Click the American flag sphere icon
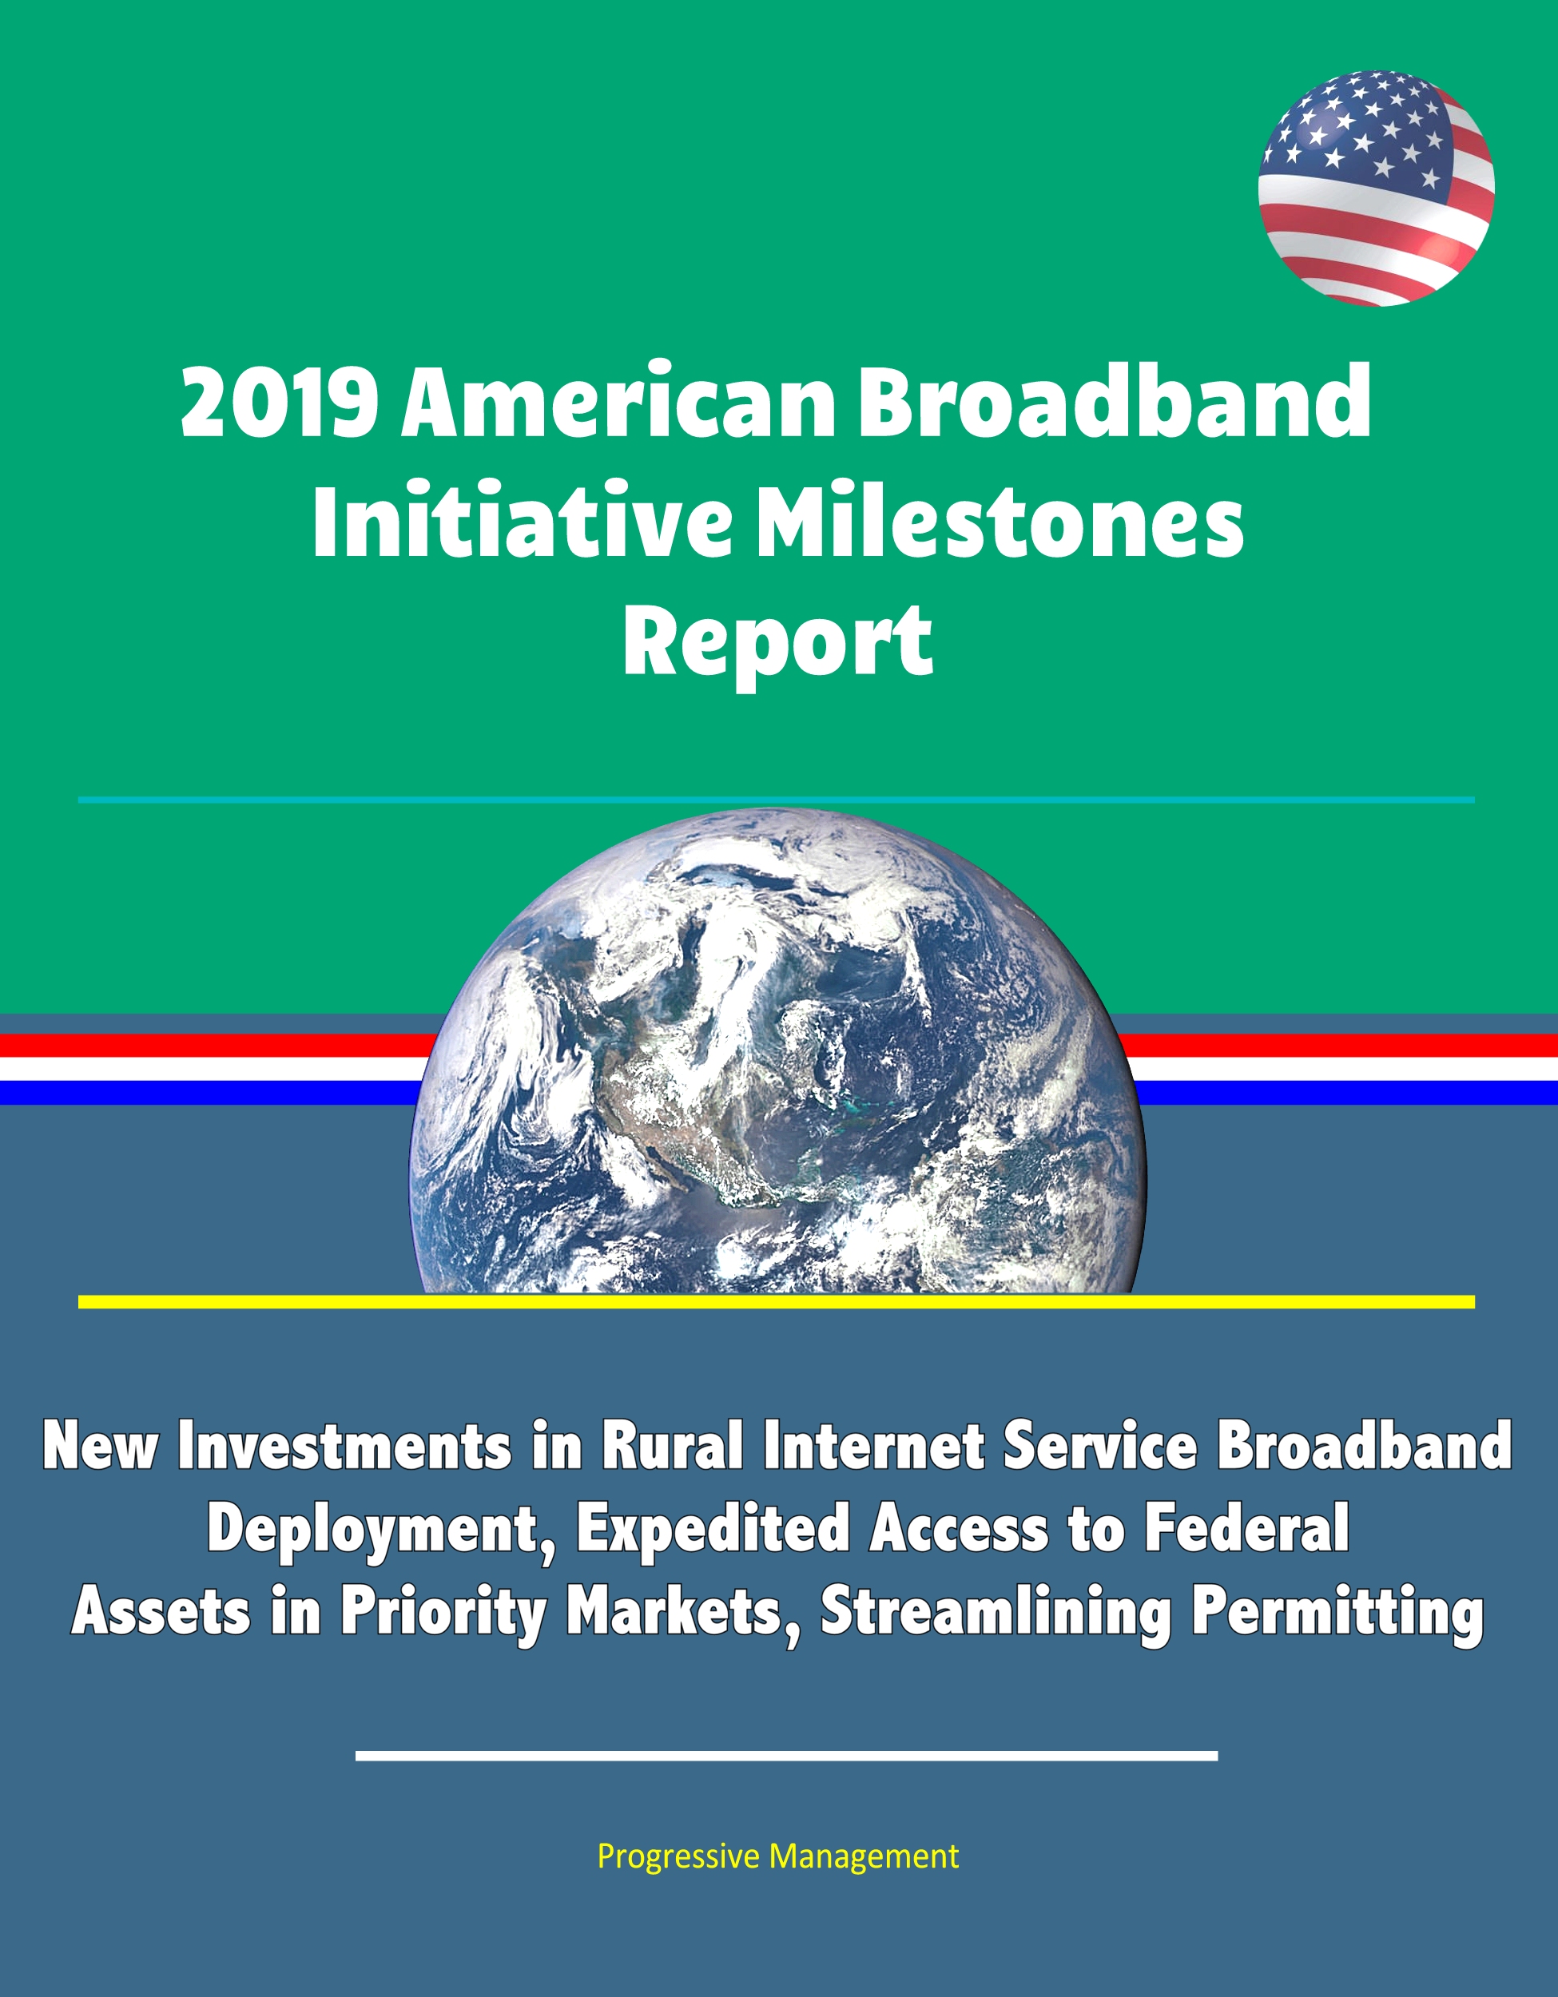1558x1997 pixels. (1376, 189)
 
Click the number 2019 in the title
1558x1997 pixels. (280, 403)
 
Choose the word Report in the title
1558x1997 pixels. (778, 645)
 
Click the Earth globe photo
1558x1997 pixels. (777, 1051)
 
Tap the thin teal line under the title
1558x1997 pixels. (777, 800)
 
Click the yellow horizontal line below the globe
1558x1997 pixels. (777, 1302)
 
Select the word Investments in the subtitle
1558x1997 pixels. (344, 1446)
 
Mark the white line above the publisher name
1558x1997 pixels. (786, 1755)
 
